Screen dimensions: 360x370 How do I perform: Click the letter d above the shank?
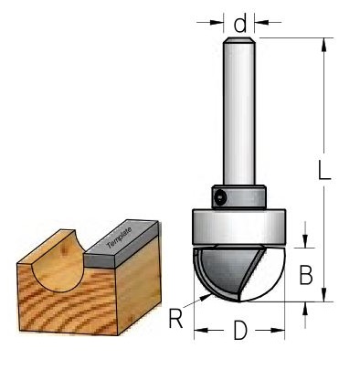[x=239, y=24]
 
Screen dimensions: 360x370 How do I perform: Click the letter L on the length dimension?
[x=323, y=170]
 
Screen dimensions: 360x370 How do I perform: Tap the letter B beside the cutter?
[x=306, y=275]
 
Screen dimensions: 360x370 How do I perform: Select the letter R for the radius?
[x=175, y=319]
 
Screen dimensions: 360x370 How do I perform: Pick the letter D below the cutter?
[x=240, y=331]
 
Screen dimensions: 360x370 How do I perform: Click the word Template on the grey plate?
[x=120, y=238]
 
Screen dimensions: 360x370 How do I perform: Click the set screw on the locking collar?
[x=219, y=198]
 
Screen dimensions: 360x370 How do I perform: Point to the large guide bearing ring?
[x=239, y=227]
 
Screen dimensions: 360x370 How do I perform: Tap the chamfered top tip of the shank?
[x=238, y=40]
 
